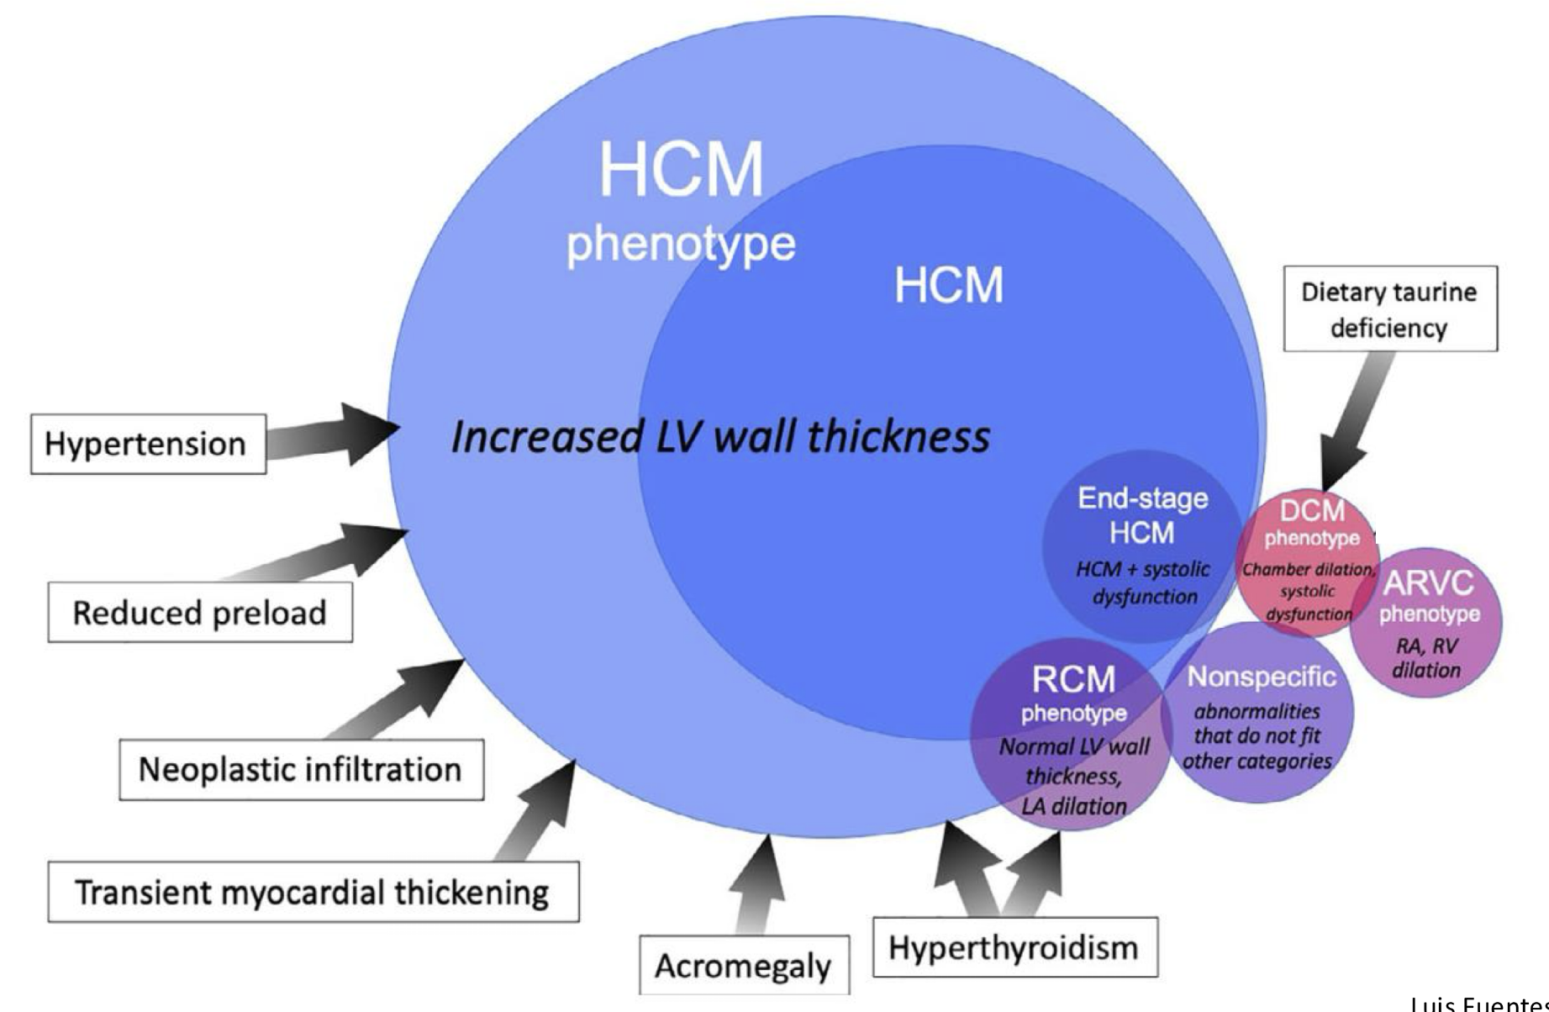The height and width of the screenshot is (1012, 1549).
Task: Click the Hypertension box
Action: point(149,444)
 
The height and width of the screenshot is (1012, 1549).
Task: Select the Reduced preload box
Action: point(200,612)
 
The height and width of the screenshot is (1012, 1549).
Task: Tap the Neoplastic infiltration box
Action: point(301,769)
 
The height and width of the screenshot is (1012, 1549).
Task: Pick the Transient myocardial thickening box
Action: point(313,891)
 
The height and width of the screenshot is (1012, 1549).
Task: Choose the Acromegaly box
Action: point(744,965)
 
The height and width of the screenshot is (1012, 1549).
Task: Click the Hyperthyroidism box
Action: point(1015,947)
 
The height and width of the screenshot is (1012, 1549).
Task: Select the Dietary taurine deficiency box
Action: point(1390,308)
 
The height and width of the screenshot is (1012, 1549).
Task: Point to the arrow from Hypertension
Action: point(333,435)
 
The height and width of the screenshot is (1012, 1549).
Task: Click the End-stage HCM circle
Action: point(1142,546)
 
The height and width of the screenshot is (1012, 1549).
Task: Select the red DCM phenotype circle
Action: point(1308,561)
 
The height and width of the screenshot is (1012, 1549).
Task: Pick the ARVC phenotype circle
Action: point(1426,623)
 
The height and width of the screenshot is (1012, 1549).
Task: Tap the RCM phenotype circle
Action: point(1071,735)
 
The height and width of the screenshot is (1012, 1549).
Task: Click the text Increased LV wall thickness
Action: point(720,437)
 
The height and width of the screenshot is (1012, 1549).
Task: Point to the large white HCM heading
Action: point(682,169)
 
